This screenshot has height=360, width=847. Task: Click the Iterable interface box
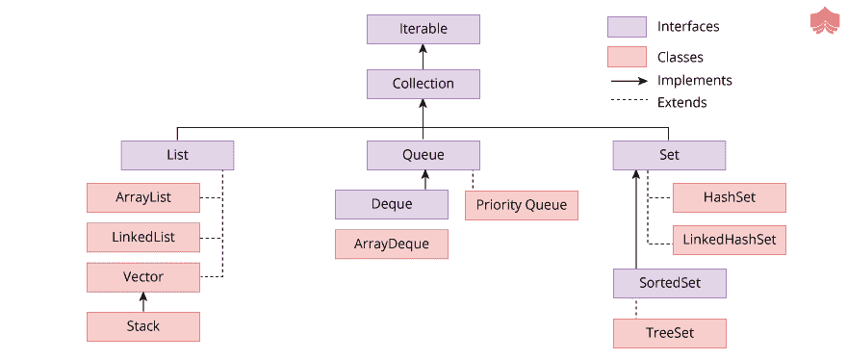click(x=423, y=29)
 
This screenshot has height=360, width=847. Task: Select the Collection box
click(x=423, y=84)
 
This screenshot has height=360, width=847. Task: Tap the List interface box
click(x=177, y=155)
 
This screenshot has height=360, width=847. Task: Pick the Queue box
click(x=423, y=155)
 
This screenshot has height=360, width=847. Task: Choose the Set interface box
click(x=668, y=155)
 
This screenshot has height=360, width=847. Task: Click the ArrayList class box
click(x=142, y=197)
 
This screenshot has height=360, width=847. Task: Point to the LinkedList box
click(x=142, y=237)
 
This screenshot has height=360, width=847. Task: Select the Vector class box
click(x=142, y=277)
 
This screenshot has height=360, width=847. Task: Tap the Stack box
click(x=142, y=326)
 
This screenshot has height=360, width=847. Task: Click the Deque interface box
click(x=391, y=204)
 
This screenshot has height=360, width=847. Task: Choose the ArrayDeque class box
click(x=391, y=244)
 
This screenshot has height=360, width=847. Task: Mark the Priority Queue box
click(x=522, y=205)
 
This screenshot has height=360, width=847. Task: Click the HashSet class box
click(x=729, y=197)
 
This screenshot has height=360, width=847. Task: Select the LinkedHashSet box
click(x=729, y=239)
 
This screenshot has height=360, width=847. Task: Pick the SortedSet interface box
click(x=669, y=284)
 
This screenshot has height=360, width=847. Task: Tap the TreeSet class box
click(x=669, y=333)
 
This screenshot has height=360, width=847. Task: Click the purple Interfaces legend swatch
click(x=626, y=27)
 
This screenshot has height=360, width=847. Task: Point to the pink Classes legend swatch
click(x=626, y=57)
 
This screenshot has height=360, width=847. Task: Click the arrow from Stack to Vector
click(x=142, y=302)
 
